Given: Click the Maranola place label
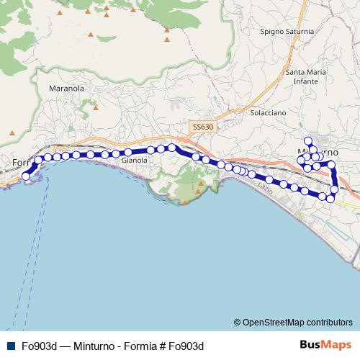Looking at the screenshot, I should coord(66,88).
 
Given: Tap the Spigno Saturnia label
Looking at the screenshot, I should coord(287,32).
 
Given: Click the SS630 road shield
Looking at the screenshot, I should coord(202,127).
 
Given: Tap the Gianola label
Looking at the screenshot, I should coord(135,161).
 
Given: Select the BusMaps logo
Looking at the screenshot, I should coord(325,345).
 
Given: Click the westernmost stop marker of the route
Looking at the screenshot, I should coord(26,176).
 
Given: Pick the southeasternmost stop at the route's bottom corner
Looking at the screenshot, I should coord(330,198).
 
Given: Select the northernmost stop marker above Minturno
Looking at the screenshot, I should coord(308,141).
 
